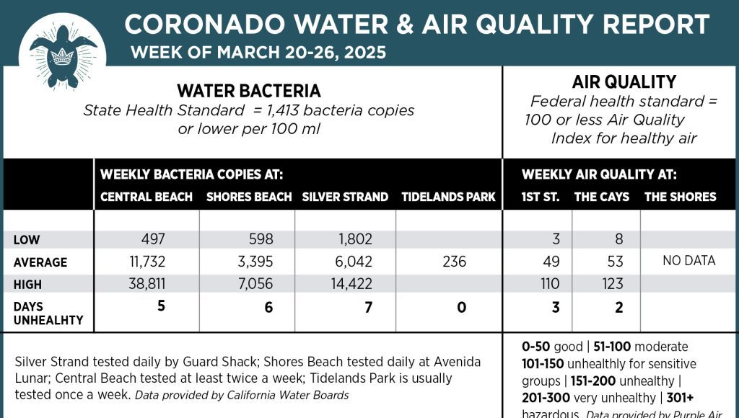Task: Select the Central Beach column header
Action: tap(147, 197)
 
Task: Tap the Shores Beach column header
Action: tap(249, 197)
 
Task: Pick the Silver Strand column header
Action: tap(345, 197)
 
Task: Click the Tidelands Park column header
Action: tap(448, 197)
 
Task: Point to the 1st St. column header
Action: tap(541, 197)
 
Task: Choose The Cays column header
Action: tap(602, 197)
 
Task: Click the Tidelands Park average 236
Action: tap(455, 262)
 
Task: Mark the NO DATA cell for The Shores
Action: tap(689, 261)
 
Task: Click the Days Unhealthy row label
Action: tap(48, 313)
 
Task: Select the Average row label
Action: tap(40, 262)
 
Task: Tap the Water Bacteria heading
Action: tap(249, 91)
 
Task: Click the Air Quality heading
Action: tap(624, 81)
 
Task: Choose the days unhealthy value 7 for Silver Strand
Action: tap(368, 308)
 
